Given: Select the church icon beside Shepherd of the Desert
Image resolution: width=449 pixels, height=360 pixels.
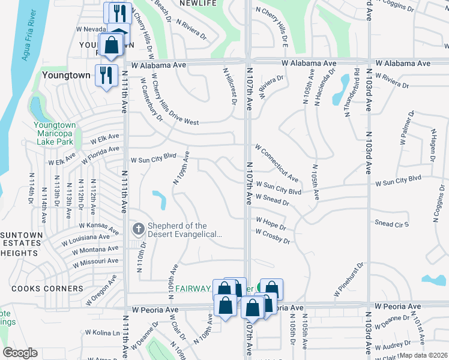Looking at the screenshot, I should click(x=137, y=229).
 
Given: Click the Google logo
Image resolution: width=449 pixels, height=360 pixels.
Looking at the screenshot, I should click(x=20, y=353).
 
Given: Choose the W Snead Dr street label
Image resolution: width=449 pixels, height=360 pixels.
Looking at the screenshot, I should click(x=272, y=200).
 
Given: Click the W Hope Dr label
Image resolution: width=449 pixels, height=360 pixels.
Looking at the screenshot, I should click(x=270, y=224).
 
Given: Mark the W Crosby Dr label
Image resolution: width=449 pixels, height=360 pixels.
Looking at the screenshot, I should click(x=273, y=236).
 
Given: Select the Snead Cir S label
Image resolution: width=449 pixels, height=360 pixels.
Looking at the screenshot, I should click(x=391, y=224).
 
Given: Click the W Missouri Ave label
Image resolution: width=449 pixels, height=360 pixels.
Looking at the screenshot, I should click(x=95, y=262).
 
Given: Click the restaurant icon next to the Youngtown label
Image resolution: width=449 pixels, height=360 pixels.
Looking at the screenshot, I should click(x=106, y=75).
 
